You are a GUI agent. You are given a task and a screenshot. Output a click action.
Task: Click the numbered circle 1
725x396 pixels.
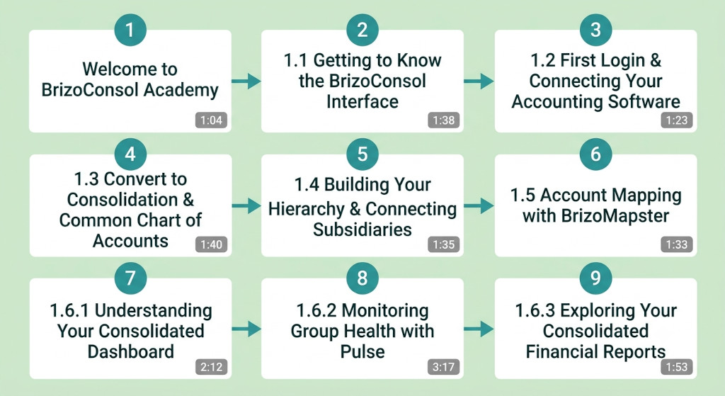(130, 30)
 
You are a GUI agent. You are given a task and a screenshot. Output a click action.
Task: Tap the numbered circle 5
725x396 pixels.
(362, 154)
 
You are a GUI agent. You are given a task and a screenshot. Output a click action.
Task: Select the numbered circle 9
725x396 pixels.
(595, 278)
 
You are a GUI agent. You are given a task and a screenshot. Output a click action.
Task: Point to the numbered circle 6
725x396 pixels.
(595, 154)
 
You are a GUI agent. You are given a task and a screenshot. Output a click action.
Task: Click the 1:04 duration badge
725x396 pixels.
(211, 120)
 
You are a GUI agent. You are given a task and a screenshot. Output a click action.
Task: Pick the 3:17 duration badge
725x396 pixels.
(443, 367)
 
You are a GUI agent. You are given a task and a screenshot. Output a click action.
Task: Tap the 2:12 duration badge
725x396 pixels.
(211, 367)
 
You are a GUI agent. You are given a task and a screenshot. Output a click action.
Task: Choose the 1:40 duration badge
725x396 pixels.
(211, 244)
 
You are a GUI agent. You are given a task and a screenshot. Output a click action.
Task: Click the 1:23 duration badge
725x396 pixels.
(677, 120)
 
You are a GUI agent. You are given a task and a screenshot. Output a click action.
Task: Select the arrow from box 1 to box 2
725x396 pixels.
(246, 81)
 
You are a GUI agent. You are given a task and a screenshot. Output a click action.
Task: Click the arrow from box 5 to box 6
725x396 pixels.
(479, 206)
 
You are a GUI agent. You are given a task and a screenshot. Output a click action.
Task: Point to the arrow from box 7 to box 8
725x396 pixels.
(246, 329)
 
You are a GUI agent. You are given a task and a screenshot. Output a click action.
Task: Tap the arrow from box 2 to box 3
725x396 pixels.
(479, 81)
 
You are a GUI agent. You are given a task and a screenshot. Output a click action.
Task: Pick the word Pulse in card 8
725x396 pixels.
(362, 351)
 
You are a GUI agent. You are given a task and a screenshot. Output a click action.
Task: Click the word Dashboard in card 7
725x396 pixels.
(131, 351)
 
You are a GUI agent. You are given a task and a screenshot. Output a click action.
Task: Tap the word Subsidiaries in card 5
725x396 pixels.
(362, 230)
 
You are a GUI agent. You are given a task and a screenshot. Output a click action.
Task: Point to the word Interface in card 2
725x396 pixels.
(362, 101)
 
